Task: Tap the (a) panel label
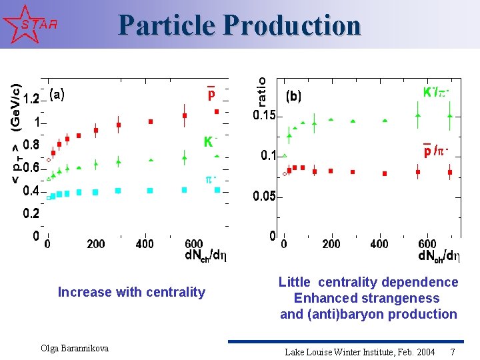(x=57, y=95)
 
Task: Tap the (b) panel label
(x=293, y=96)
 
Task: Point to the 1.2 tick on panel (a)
(x=31, y=99)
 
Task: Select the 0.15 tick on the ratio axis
(x=264, y=115)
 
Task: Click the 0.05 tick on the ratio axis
(x=264, y=197)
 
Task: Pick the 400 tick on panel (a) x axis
(x=145, y=245)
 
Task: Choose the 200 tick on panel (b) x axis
(x=331, y=245)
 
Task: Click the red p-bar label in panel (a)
(x=211, y=93)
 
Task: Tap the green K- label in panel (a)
(x=210, y=141)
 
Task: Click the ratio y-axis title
(x=263, y=91)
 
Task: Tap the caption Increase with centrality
(x=131, y=292)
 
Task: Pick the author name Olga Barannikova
(x=75, y=348)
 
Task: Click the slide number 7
(x=453, y=351)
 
